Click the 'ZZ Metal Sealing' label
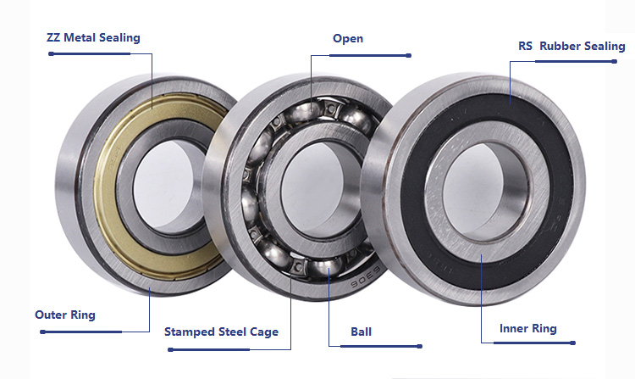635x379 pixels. [x=93, y=37]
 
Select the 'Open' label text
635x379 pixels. [x=348, y=39]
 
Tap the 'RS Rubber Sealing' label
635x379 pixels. [x=571, y=47]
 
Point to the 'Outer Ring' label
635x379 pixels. [x=65, y=315]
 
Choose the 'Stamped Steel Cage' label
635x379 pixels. [x=221, y=332]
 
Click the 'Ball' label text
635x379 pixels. [x=361, y=332]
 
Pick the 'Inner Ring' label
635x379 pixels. [x=528, y=329]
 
